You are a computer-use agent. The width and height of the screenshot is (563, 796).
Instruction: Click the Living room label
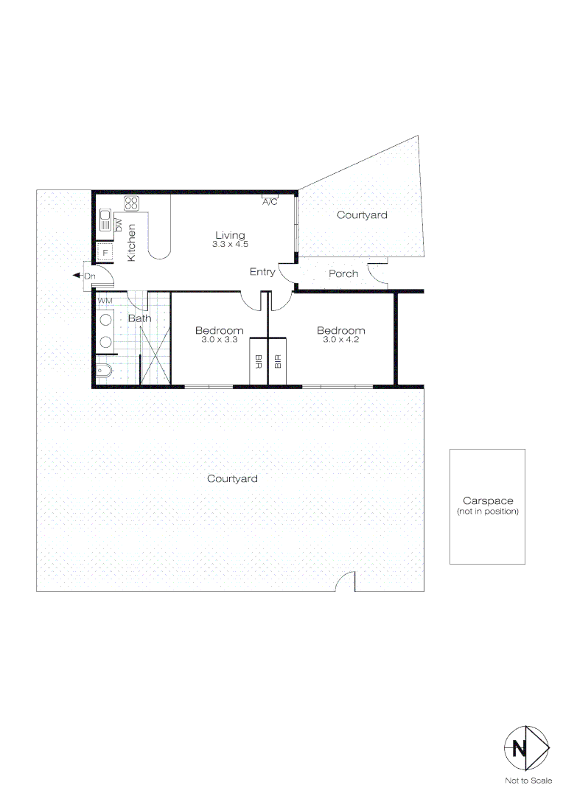click(x=229, y=236)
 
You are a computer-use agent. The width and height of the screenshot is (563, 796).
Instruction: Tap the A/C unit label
click(x=270, y=202)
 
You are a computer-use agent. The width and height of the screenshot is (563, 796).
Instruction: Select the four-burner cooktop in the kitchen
click(x=131, y=203)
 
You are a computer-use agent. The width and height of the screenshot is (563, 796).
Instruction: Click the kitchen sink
click(x=105, y=221)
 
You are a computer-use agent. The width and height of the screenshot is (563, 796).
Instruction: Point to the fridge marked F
click(x=105, y=253)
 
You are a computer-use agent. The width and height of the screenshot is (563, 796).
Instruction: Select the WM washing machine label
click(x=105, y=301)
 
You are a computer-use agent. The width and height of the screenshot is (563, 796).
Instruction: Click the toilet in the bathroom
click(x=103, y=370)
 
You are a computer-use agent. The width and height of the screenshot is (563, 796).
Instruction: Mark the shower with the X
click(x=155, y=355)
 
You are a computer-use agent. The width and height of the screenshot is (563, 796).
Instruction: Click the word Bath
click(x=139, y=318)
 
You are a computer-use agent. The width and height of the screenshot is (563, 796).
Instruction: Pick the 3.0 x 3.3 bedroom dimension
click(x=219, y=340)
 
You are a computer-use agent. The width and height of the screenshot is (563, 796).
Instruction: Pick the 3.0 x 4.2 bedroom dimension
click(x=340, y=340)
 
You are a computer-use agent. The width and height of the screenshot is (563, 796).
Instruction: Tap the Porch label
click(x=343, y=273)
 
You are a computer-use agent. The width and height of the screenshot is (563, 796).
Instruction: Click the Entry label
click(x=262, y=272)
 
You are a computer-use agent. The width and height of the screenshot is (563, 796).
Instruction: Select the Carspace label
click(x=487, y=500)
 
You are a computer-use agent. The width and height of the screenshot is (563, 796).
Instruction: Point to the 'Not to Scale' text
click(x=528, y=781)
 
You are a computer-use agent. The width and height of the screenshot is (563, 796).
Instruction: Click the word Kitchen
click(x=132, y=242)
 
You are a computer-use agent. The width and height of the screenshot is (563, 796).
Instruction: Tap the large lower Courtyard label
click(x=232, y=478)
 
